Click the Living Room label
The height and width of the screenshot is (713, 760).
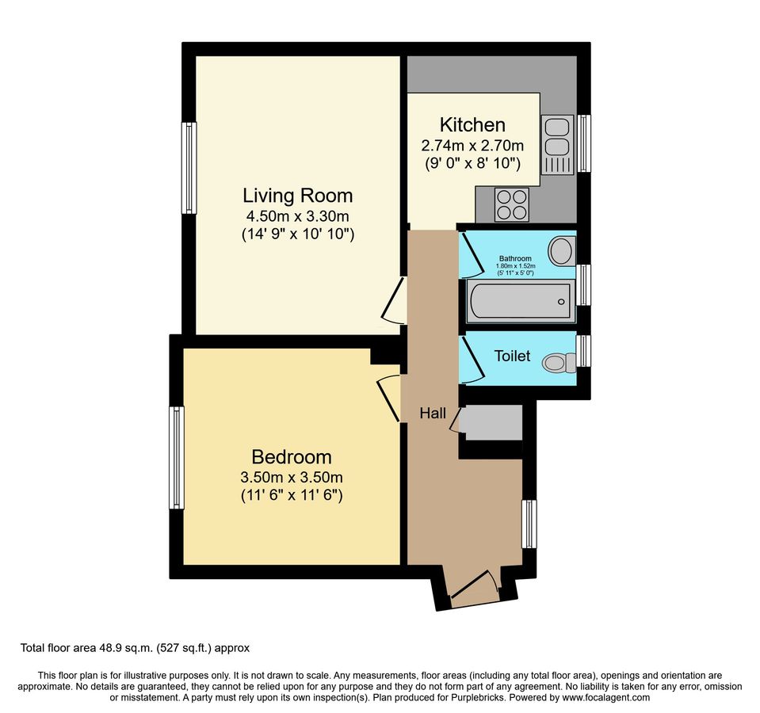[297, 195]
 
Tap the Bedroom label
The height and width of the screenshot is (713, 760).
[291, 457]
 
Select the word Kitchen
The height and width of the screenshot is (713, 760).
[472, 125]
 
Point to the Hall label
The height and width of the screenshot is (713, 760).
[433, 413]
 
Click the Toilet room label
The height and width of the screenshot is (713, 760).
[512, 356]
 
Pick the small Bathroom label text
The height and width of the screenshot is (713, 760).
[515, 258]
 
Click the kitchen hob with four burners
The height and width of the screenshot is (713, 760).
[512, 204]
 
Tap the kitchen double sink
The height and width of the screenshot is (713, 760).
[557, 144]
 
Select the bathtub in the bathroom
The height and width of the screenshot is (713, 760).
[520, 301]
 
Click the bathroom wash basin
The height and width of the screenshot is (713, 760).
[562, 251]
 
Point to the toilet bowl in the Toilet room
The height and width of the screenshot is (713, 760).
[560, 363]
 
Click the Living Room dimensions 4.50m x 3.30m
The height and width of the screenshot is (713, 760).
[297, 215]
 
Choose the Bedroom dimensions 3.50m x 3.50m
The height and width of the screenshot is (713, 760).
[291, 478]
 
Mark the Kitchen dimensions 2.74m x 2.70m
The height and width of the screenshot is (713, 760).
[472, 146]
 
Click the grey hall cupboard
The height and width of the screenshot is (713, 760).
[491, 423]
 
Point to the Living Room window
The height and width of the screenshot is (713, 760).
[189, 168]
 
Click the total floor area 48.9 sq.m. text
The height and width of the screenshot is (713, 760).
[135, 648]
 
